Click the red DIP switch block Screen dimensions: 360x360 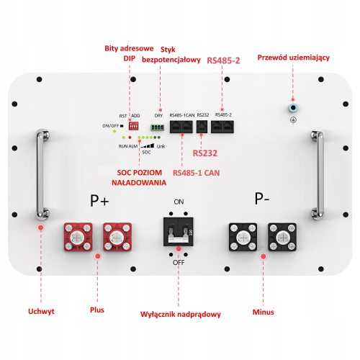point(135,124)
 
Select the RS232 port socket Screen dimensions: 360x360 point(202,126)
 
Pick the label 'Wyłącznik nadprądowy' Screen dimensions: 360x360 point(180,315)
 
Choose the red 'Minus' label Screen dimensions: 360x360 point(264,312)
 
